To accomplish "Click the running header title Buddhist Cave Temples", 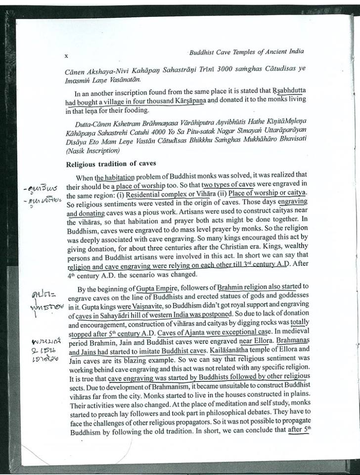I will click(x=246, y=51).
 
